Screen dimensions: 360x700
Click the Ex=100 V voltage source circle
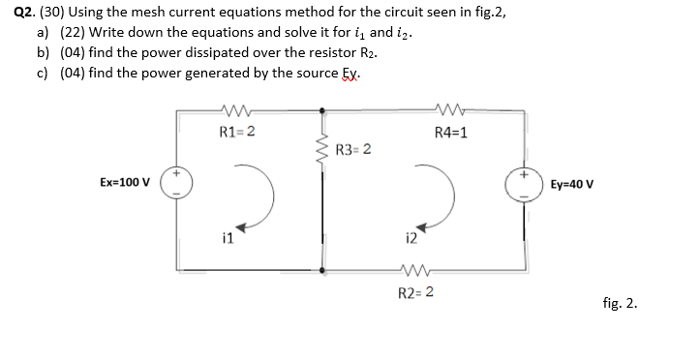(177, 184)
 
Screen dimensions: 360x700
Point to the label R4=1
(451, 133)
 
